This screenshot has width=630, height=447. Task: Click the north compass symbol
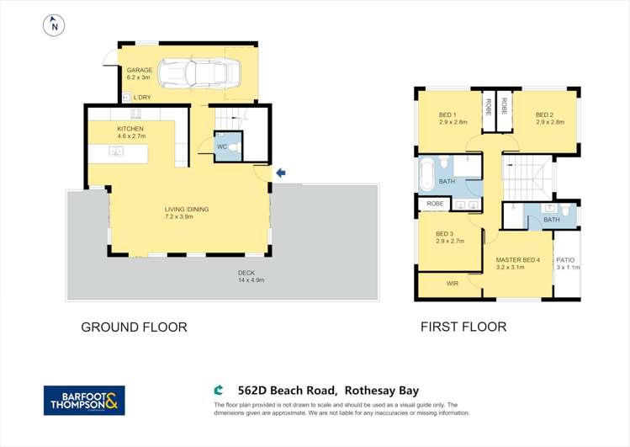tap(55, 26)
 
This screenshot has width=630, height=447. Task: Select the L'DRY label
tap(142, 98)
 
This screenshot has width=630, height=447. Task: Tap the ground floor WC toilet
tap(233, 146)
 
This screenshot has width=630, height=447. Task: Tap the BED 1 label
tap(447, 115)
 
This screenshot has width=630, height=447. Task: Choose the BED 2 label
tap(544, 115)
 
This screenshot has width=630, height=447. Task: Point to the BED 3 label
tap(444, 234)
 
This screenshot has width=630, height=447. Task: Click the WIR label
tap(452, 285)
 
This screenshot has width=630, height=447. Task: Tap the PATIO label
tap(565, 260)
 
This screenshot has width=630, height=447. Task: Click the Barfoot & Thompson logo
tap(84, 400)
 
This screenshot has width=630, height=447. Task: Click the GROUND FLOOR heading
tap(134, 327)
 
